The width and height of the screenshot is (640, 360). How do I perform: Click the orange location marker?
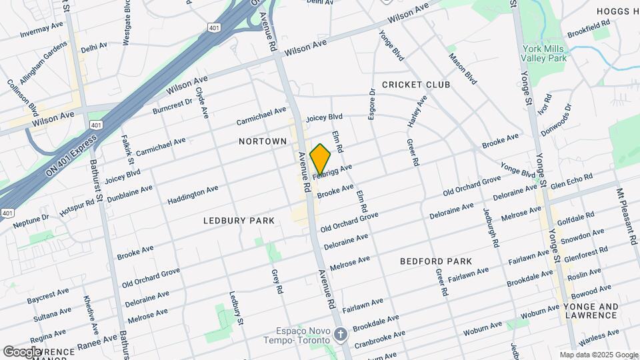321,159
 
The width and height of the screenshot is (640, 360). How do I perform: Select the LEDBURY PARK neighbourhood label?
235,220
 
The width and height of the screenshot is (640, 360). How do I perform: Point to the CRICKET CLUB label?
416,85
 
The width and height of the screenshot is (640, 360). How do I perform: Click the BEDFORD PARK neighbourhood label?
436,261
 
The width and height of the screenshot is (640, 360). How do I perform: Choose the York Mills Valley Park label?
545,54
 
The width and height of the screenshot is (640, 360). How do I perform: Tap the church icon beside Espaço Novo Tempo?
341,334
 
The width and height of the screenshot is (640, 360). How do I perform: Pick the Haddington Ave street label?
193,195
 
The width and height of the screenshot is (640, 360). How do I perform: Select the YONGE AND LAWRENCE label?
591,311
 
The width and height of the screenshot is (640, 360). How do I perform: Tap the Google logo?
22,351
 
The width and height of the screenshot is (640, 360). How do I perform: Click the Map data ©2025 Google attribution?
598,355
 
